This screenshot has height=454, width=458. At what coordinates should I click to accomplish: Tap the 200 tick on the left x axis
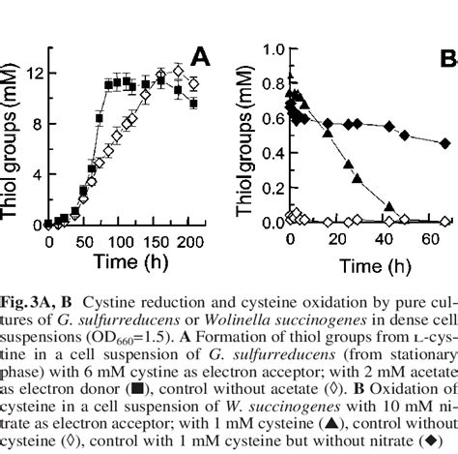pos(196,242)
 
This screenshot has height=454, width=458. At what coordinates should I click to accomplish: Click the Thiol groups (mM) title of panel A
pos(14,136)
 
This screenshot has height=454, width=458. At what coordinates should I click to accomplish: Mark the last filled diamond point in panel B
pos(444,143)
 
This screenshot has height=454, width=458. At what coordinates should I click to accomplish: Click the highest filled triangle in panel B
pos(290,76)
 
